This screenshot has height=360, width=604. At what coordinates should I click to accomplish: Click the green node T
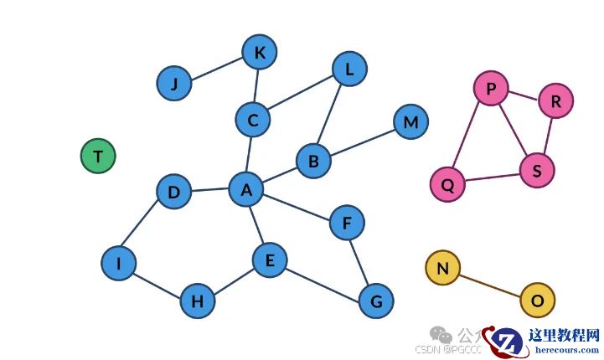point(98,157)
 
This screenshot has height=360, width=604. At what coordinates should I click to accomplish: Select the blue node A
point(246,189)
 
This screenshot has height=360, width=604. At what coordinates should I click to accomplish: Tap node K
point(260,53)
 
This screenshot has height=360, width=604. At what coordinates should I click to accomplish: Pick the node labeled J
point(174,84)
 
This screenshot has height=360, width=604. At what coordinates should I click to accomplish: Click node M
point(410,122)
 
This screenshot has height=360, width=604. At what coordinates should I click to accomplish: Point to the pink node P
point(491,88)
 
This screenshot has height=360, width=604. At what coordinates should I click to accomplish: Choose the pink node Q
point(447,185)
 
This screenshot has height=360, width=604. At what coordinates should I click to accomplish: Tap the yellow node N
point(443,268)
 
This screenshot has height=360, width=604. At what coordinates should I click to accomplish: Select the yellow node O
point(538,300)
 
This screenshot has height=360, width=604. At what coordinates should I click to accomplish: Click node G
point(376,301)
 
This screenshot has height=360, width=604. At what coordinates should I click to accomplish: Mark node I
point(119,264)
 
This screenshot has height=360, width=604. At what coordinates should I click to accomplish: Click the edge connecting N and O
point(490,284)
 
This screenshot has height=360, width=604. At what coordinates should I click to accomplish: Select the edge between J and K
point(217,69)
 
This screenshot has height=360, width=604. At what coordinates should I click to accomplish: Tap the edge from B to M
point(362,141)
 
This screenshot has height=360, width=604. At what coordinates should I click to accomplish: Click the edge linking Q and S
point(493,178)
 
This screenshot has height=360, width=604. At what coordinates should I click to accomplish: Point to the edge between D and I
point(147,228)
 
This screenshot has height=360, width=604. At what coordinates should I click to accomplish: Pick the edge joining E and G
point(323,281)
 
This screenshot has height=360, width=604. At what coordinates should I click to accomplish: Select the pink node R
point(555,101)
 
